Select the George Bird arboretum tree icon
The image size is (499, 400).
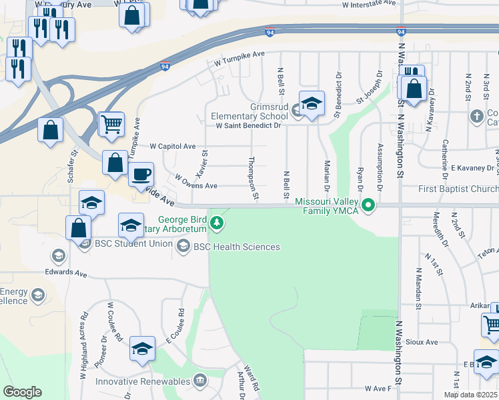click(216, 221)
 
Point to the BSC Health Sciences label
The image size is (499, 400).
click(236, 247)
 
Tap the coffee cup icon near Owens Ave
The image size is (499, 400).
click(140, 175)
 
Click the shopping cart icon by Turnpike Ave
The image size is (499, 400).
click(111, 123)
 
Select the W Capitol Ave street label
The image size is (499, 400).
click(172, 146)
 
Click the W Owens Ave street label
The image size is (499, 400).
click(195, 181)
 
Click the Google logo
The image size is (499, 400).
click(22, 392)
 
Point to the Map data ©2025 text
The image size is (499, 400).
click(470, 395)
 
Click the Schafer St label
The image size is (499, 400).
click(73, 166)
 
